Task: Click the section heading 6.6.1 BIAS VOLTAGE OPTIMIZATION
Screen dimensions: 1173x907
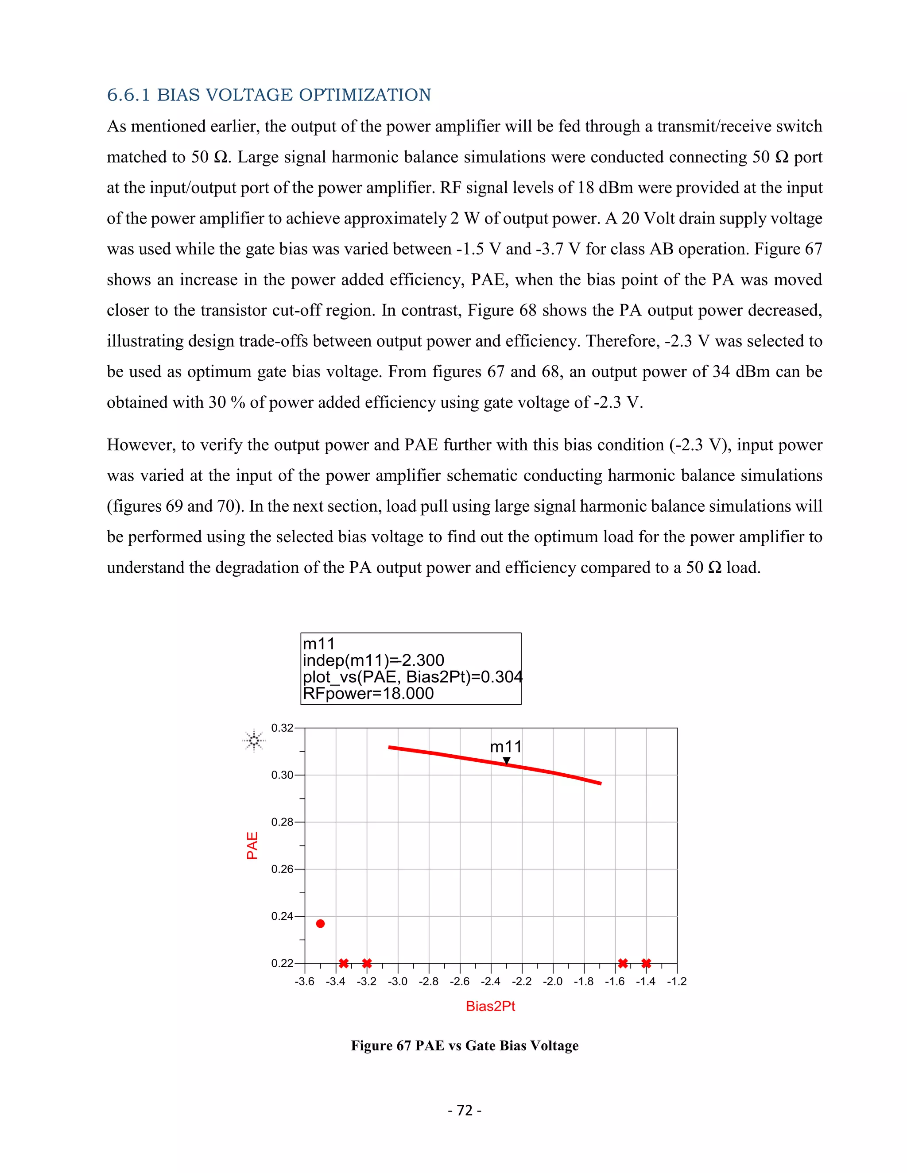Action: (x=269, y=95)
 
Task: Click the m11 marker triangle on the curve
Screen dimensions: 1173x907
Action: (x=506, y=760)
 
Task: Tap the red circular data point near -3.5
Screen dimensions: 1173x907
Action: (x=320, y=924)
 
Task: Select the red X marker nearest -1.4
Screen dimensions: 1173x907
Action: (x=646, y=963)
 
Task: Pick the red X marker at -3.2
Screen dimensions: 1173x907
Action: (x=367, y=963)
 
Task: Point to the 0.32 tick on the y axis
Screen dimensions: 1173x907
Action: (x=282, y=728)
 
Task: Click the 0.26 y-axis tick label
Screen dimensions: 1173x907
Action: (x=282, y=869)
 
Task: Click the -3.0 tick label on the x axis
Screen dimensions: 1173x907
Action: (x=398, y=982)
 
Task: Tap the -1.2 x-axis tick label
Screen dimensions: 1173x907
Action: (x=677, y=982)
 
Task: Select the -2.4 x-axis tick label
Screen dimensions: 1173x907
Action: (x=491, y=982)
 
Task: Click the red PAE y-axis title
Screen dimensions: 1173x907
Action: (x=252, y=845)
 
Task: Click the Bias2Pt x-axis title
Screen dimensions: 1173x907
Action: (x=490, y=1007)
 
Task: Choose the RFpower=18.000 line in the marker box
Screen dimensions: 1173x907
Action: (x=368, y=693)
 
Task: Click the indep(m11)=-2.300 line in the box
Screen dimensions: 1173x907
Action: (x=373, y=660)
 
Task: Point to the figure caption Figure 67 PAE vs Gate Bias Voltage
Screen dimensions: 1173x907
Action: (x=464, y=1045)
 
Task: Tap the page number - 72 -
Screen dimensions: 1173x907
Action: (x=464, y=1110)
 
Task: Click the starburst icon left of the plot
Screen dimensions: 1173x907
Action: (x=254, y=741)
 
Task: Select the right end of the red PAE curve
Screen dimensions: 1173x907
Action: (x=600, y=783)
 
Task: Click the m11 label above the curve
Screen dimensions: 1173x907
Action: (x=506, y=747)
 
